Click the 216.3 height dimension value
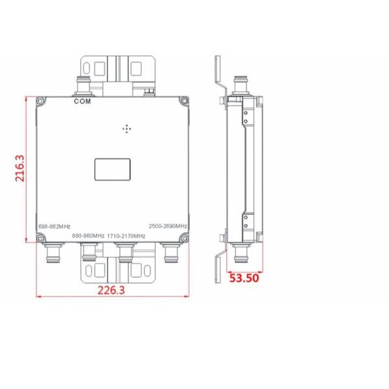(20, 169)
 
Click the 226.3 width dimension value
(111, 290)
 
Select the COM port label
(83, 102)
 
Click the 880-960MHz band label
(87, 235)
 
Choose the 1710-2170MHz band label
(126, 235)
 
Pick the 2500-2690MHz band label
(168, 226)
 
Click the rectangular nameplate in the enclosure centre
(113, 169)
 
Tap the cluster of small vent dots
(126, 129)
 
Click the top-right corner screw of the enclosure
(183, 102)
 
